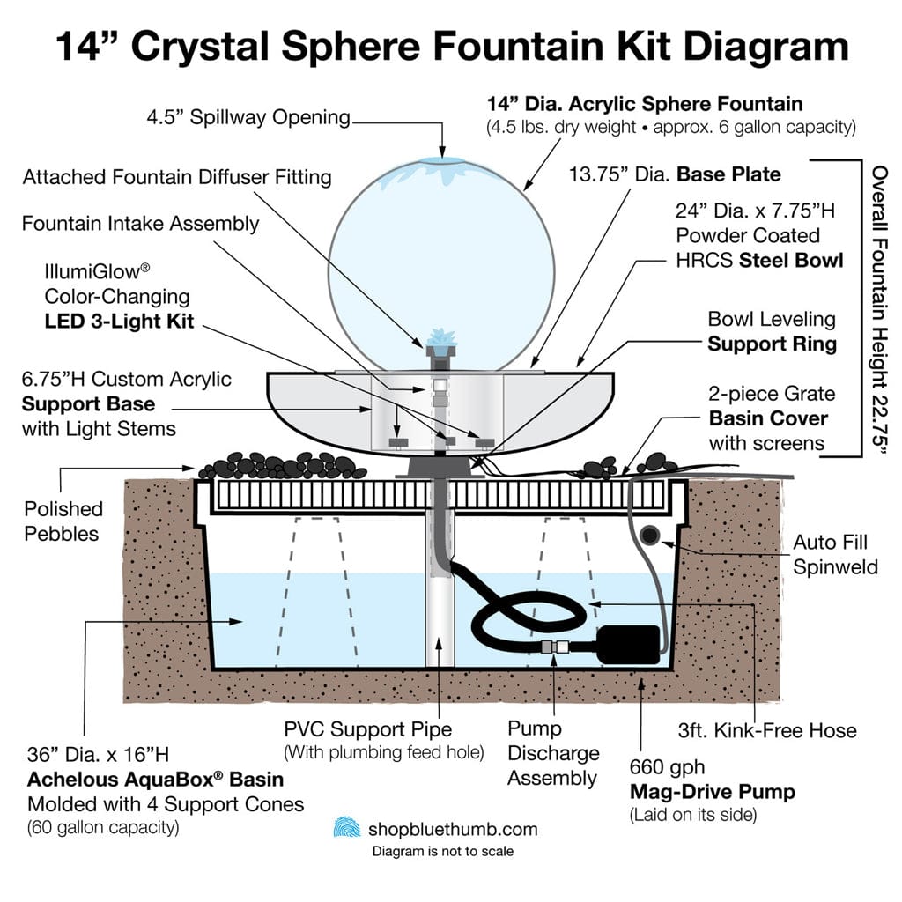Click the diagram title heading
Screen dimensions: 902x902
coord(451,46)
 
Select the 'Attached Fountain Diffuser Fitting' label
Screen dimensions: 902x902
coord(177,177)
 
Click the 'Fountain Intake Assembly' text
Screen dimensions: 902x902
coord(141,223)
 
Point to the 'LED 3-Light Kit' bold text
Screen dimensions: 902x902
coord(120,322)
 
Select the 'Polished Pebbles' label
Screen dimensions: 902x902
coord(63,521)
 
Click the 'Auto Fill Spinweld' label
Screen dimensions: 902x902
coord(835,554)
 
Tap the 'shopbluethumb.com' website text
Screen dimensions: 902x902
coord(453,829)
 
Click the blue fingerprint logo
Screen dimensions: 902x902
coord(346,828)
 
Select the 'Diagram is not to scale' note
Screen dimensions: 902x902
coord(442,851)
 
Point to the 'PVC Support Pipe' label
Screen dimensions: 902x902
coord(368,729)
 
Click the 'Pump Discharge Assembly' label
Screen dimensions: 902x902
coord(552,753)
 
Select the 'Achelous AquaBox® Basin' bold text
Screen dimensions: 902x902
coord(155,780)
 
